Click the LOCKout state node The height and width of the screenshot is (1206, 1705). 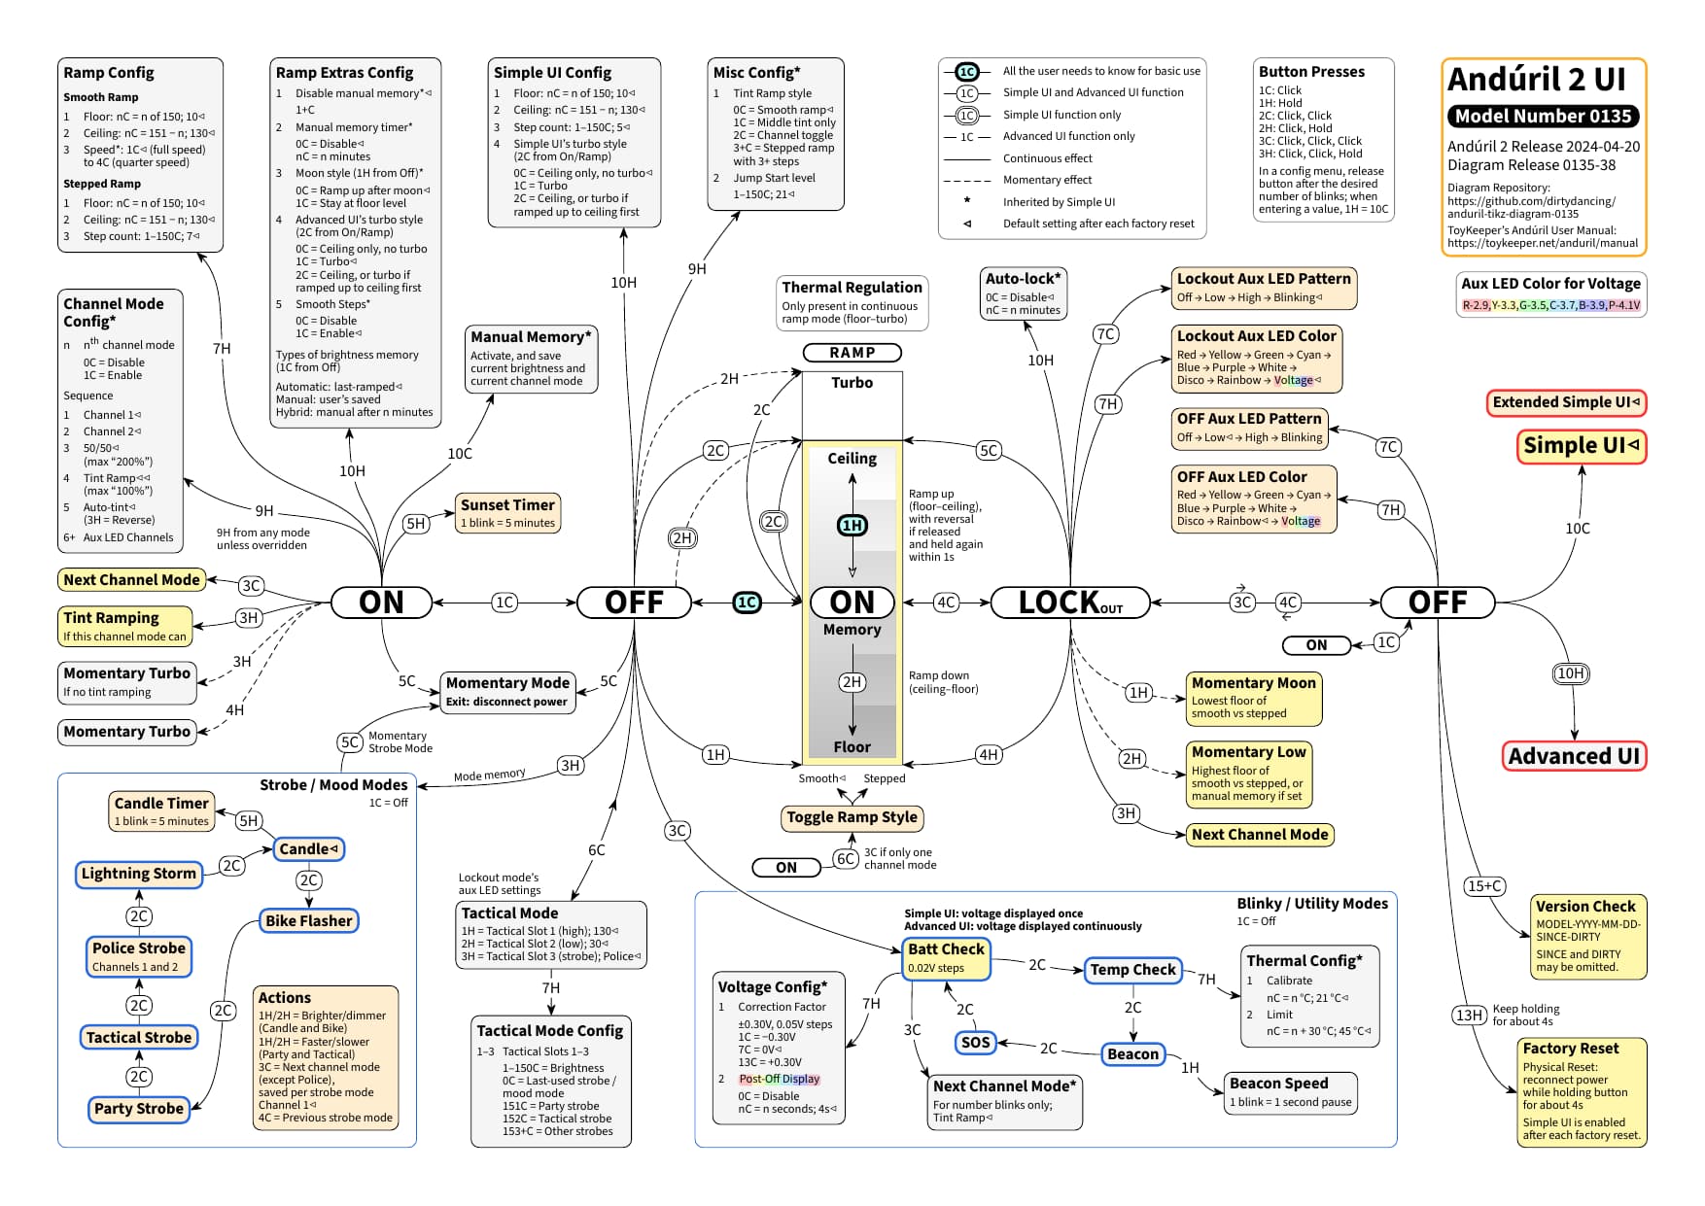(x=1070, y=603)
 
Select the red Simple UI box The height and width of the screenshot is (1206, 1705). (x=1582, y=446)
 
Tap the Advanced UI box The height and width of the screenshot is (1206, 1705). (x=1574, y=756)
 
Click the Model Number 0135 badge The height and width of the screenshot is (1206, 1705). (x=1543, y=117)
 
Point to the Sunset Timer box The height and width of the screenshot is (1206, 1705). (x=507, y=513)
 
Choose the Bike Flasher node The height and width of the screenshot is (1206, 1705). (x=309, y=920)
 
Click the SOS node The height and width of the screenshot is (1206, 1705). (x=975, y=1043)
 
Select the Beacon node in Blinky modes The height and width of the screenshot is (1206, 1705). (x=1132, y=1053)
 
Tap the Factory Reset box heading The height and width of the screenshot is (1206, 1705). (x=1571, y=1049)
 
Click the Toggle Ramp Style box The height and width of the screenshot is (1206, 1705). (x=852, y=817)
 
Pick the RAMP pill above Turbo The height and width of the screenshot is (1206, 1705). (x=852, y=353)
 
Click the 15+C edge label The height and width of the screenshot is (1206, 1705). (x=1485, y=885)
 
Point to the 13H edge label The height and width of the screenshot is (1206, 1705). (x=1469, y=1016)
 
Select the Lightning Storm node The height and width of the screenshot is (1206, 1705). (x=139, y=874)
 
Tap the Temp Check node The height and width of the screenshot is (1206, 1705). (x=1132, y=970)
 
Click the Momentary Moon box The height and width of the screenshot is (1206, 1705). (x=1254, y=699)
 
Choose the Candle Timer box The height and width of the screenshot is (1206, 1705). (x=161, y=811)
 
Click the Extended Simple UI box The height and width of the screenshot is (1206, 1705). (x=1566, y=402)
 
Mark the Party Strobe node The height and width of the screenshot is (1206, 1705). (x=139, y=1109)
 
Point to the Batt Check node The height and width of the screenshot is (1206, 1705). (x=946, y=957)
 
